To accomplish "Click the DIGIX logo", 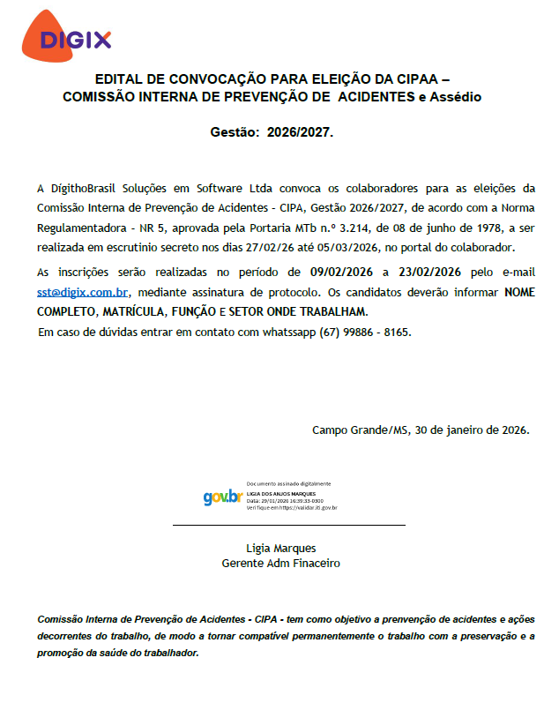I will point(78,38).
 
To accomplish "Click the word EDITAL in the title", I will point(120,78).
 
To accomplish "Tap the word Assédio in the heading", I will point(455,96).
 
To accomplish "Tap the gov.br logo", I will point(222,497).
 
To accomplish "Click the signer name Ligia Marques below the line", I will point(281,548).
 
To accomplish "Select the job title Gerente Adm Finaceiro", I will point(280,563).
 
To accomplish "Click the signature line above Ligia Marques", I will point(288,526).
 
